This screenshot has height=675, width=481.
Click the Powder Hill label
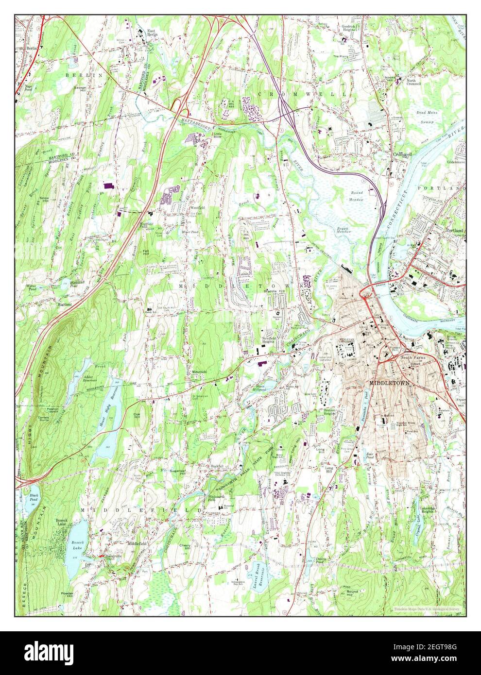coord(67,594)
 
